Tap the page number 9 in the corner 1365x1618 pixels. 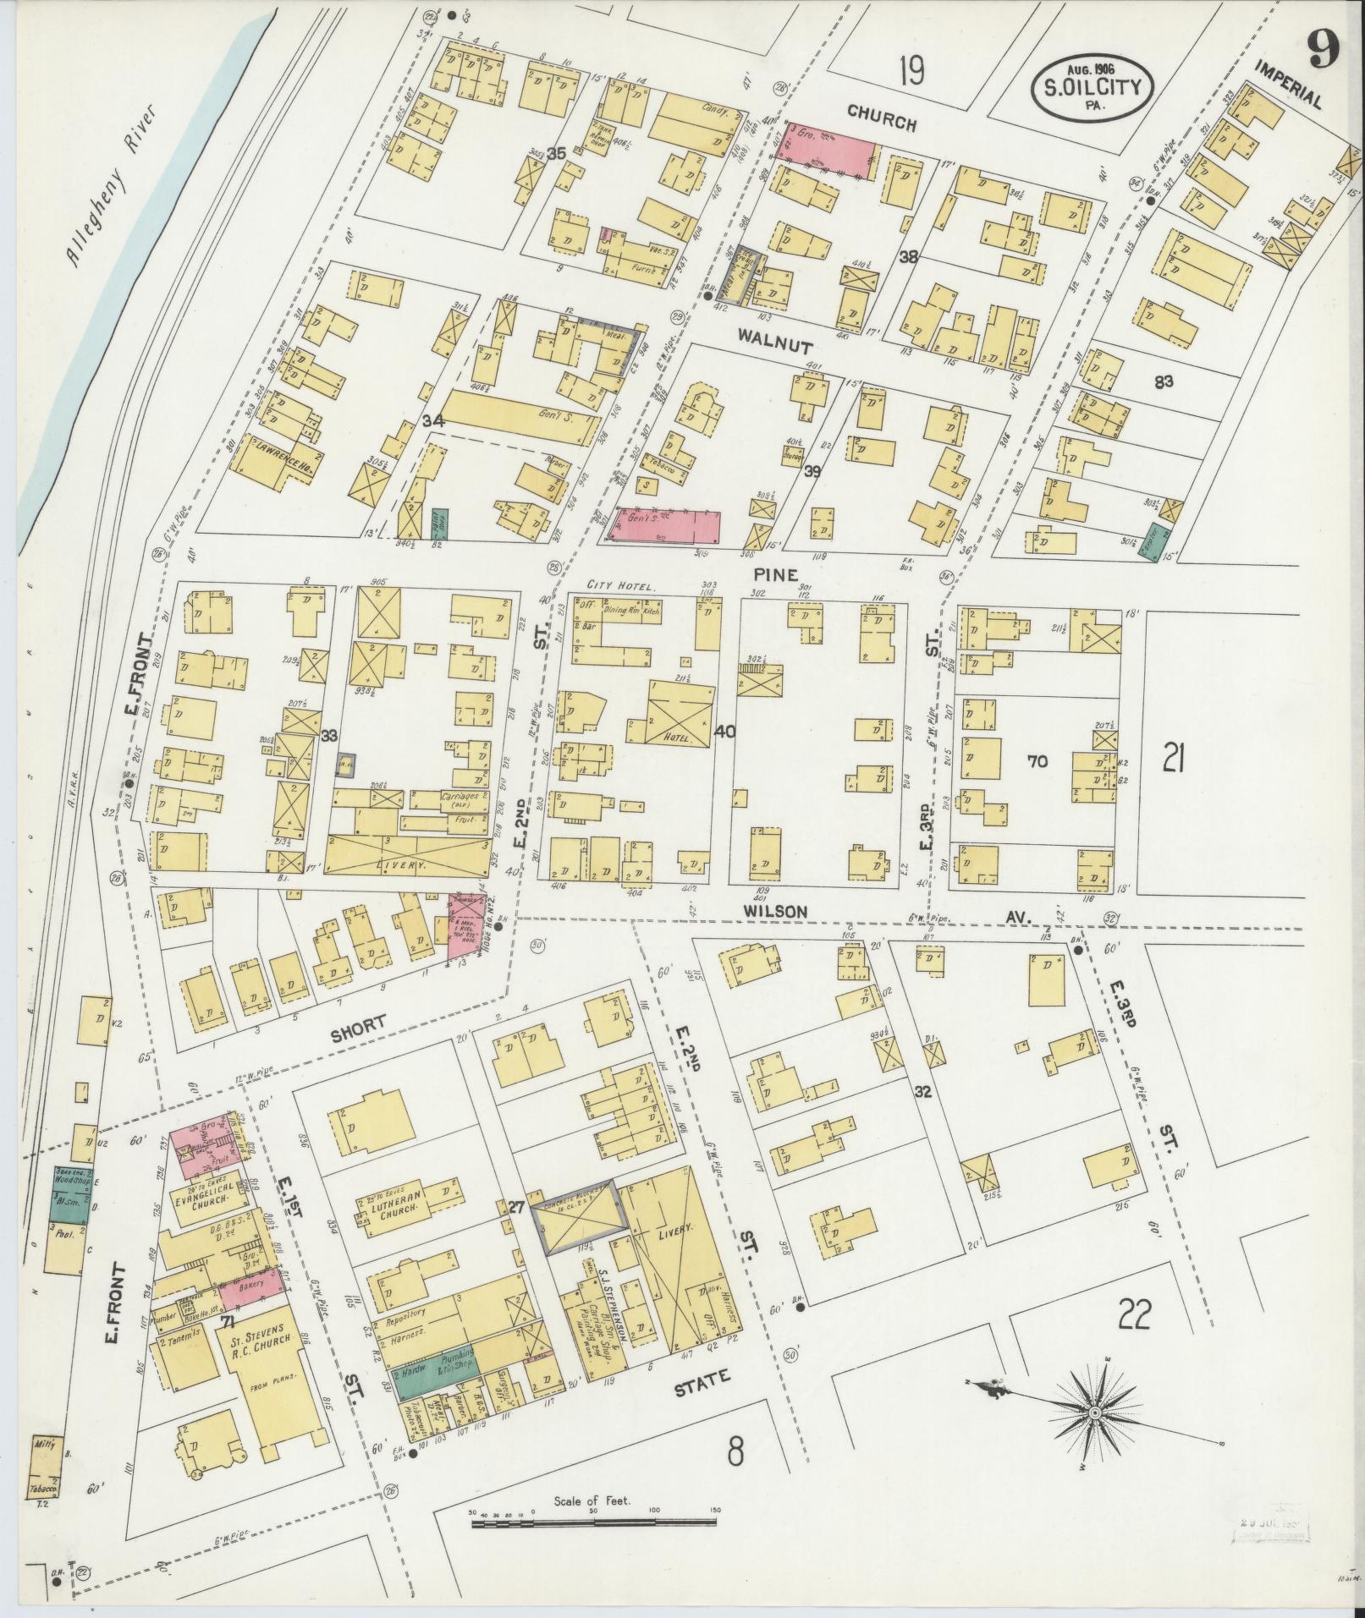(1321, 52)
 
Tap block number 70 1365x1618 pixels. (1037, 761)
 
